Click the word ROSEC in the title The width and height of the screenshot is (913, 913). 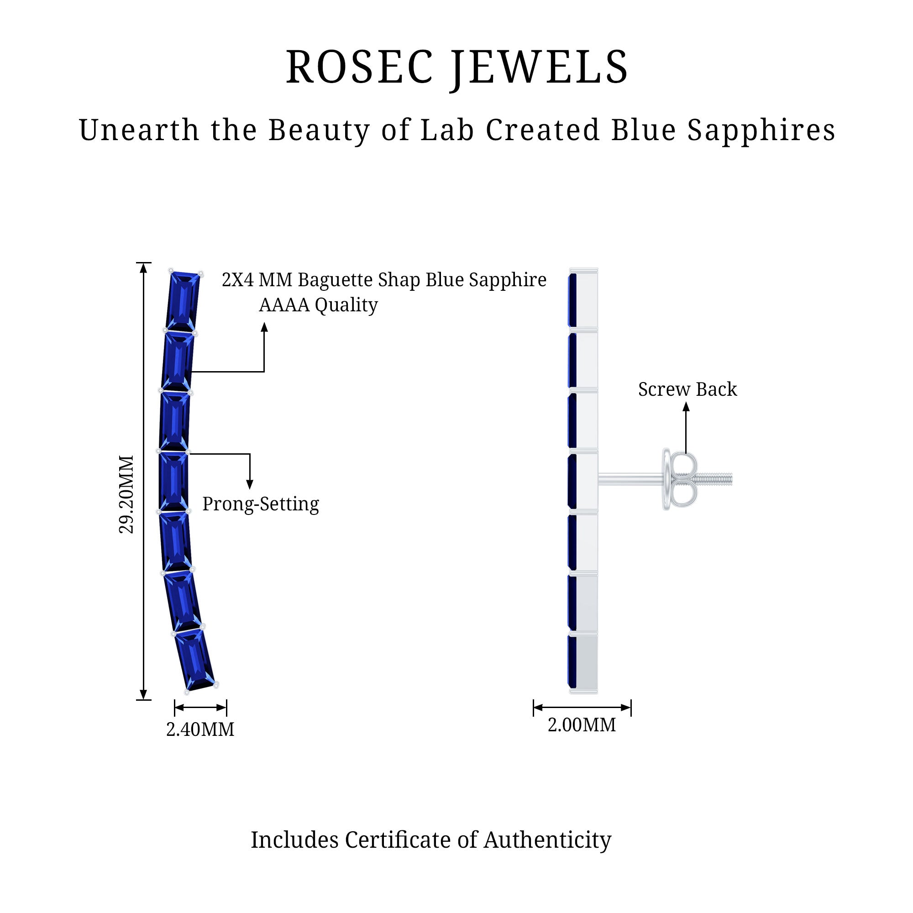359,68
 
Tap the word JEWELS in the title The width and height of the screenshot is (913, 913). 539,68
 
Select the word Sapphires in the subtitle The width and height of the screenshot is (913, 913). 761,130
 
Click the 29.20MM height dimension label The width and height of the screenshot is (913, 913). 126,494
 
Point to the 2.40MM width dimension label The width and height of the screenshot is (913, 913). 200,729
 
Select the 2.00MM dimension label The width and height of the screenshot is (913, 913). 582,725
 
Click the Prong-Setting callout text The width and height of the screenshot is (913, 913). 260,504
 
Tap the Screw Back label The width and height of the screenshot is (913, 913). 687,389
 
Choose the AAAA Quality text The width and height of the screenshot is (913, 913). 318,305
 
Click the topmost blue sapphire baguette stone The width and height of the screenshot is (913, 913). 183,301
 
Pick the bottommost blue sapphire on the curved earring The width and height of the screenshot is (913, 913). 195,659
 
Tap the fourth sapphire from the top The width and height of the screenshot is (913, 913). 173,482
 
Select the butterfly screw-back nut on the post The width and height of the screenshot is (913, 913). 681,479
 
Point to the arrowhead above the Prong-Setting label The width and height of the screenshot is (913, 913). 250,484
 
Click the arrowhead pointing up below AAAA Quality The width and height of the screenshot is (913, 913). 264,327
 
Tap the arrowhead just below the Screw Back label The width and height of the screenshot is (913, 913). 686,406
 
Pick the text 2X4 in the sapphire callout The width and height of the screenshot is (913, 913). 238,280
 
